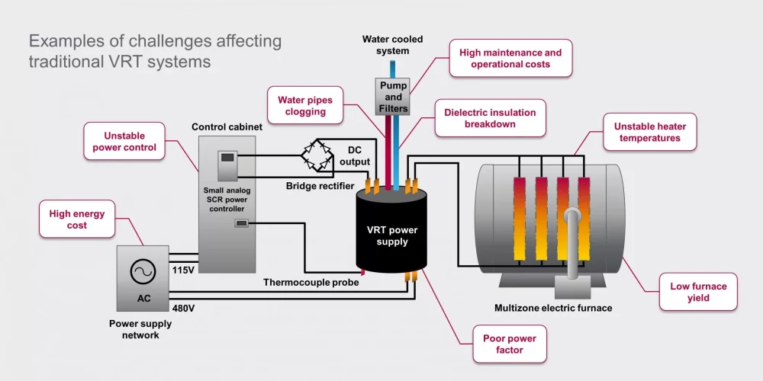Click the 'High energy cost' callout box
click(x=77, y=219)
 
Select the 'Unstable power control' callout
click(x=124, y=142)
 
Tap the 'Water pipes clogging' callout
click(x=305, y=105)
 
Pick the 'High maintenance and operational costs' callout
click(x=510, y=59)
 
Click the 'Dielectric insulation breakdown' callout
click(x=490, y=118)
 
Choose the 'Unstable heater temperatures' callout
click(x=649, y=132)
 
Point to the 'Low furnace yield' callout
click(x=698, y=292)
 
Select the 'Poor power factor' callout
click(x=510, y=344)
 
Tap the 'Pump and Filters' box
click(x=393, y=96)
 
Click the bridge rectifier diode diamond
click(x=317, y=154)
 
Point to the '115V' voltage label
click(x=183, y=271)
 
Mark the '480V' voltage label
click(x=183, y=308)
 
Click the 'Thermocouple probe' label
click(x=311, y=283)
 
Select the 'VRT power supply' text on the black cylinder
click(x=391, y=235)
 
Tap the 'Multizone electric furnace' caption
click(x=553, y=308)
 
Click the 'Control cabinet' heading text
click(x=227, y=127)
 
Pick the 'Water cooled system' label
click(x=393, y=45)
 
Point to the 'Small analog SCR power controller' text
click(x=227, y=200)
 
